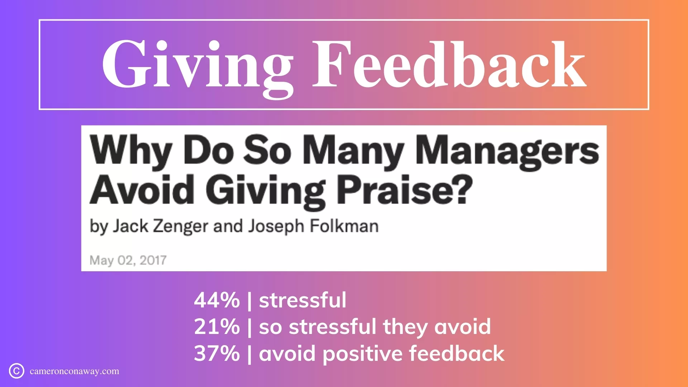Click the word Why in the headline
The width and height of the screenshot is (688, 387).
pyautogui.click(x=131, y=150)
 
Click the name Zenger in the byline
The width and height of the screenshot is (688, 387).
pyautogui.click(x=181, y=227)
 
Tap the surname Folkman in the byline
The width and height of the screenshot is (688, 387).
pyautogui.click(x=344, y=226)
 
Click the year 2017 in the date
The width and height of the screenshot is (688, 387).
pyautogui.click(x=153, y=260)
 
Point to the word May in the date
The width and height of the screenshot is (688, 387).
pyautogui.click(x=101, y=261)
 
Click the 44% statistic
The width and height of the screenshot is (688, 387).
pyautogui.click(x=217, y=300)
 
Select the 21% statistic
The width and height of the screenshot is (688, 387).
pyautogui.click(x=217, y=327)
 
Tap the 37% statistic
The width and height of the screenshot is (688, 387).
pyautogui.click(x=217, y=353)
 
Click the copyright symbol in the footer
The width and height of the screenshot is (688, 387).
pyautogui.click(x=16, y=371)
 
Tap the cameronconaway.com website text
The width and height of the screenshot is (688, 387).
pyautogui.click(x=75, y=371)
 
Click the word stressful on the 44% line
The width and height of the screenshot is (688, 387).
pyautogui.click(x=303, y=300)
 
